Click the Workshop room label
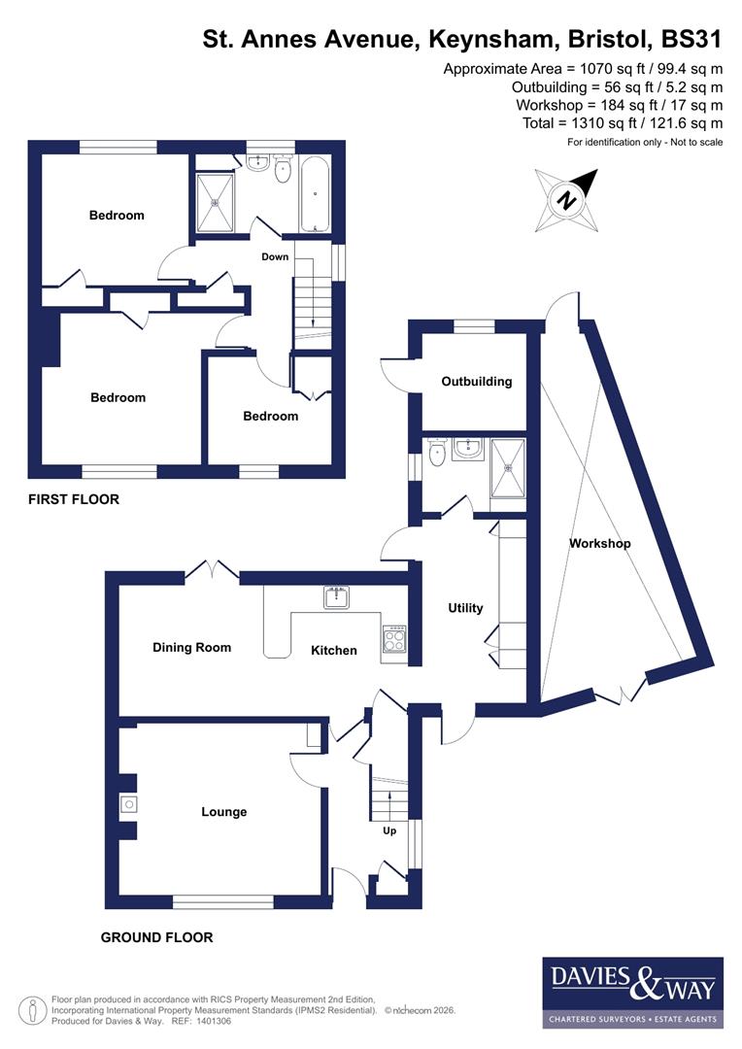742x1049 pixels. point(599,544)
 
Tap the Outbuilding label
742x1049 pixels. point(476,382)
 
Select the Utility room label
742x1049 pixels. point(465,608)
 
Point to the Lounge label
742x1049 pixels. point(223,812)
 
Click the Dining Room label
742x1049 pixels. point(191,647)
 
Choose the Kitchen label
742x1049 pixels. point(333,650)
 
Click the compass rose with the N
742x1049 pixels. point(565,200)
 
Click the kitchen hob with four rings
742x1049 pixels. point(395,638)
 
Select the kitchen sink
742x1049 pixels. point(337,596)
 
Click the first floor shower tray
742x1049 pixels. point(215,203)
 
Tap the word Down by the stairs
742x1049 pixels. point(275,256)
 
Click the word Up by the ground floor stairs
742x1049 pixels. point(389,830)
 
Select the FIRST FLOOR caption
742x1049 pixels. point(73,499)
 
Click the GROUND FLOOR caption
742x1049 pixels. point(156,937)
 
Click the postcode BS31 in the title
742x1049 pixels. point(691,40)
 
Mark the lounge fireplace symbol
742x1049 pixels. point(127,803)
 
